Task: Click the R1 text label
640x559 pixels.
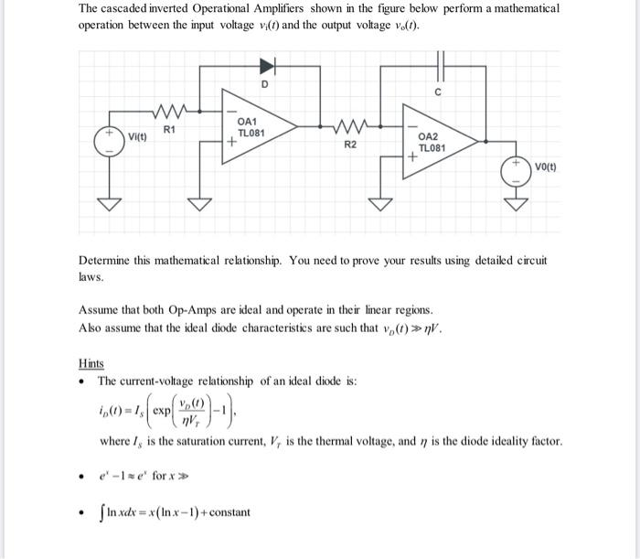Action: [x=169, y=131]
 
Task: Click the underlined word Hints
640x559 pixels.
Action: [x=91, y=363]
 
